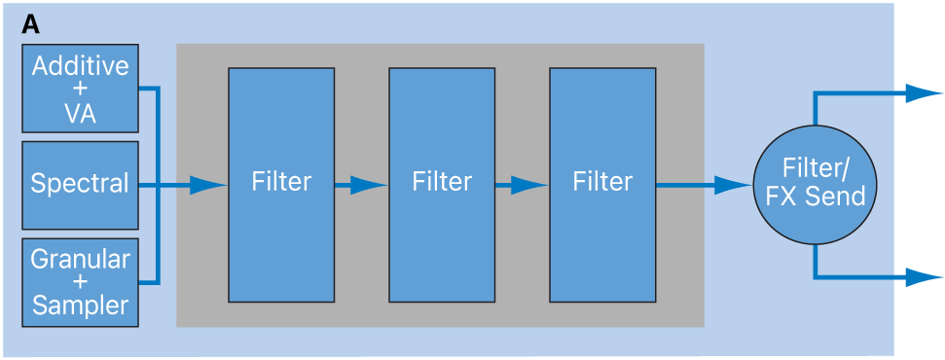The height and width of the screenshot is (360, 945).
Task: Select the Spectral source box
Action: (80, 185)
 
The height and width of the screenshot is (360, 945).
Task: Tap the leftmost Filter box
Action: (281, 184)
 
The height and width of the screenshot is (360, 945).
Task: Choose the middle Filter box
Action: (442, 184)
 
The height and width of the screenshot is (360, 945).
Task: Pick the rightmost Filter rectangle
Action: (602, 184)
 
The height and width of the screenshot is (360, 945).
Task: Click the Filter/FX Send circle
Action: (816, 184)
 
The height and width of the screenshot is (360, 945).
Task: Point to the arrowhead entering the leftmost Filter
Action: (208, 184)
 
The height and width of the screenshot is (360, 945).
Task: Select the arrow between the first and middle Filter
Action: (361, 184)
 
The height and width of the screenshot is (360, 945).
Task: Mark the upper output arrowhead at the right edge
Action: (924, 93)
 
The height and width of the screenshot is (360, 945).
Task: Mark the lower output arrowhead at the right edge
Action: (924, 277)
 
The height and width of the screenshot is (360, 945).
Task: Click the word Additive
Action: (80, 66)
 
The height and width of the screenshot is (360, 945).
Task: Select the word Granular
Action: (80, 260)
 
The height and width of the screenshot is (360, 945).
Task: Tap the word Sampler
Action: (80, 306)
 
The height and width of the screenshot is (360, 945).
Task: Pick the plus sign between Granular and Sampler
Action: (80, 283)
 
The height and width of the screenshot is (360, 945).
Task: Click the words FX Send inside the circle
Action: (816, 197)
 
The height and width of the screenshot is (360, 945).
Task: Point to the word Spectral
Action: (80, 184)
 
